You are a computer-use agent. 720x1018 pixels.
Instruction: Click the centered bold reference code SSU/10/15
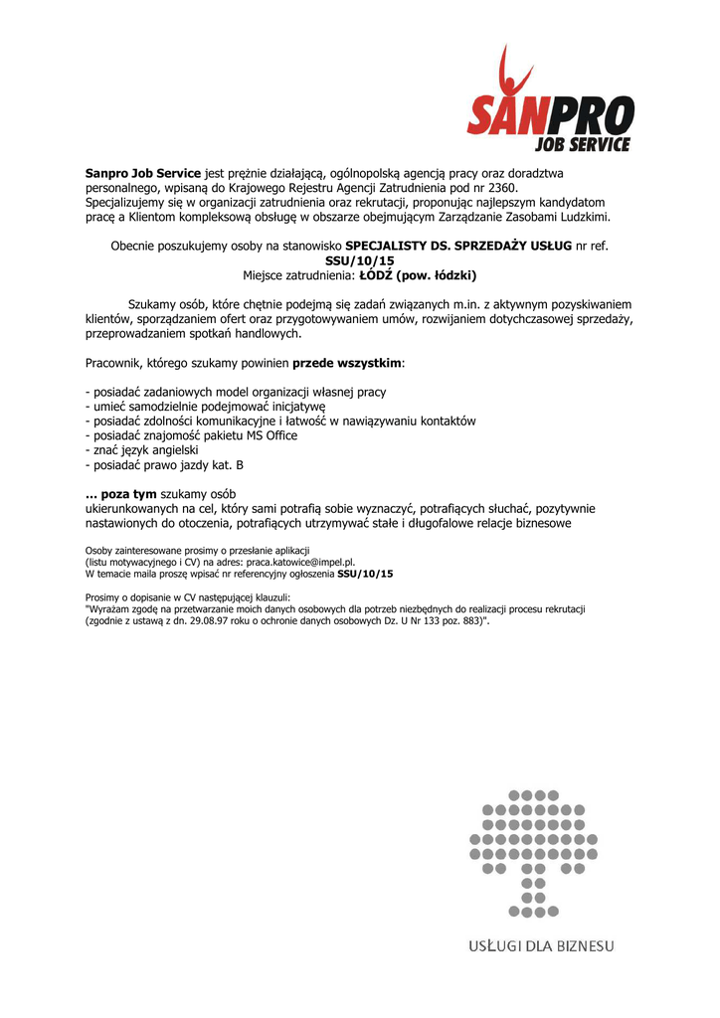pyautogui.click(x=360, y=259)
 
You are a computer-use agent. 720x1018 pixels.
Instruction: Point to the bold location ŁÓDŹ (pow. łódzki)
pyautogui.click(x=418, y=274)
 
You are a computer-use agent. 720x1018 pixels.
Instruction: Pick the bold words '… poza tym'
pyautogui.click(x=121, y=494)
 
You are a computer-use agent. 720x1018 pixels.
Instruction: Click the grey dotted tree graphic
pyautogui.click(x=533, y=852)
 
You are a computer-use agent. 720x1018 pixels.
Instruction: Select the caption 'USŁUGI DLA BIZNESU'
pyautogui.click(x=541, y=946)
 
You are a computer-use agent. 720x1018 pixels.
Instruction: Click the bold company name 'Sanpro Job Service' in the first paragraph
pyautogui.click(x=143, y=172)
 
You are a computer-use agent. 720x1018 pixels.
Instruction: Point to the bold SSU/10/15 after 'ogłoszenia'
pyautogui.click(x=365, y=574)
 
